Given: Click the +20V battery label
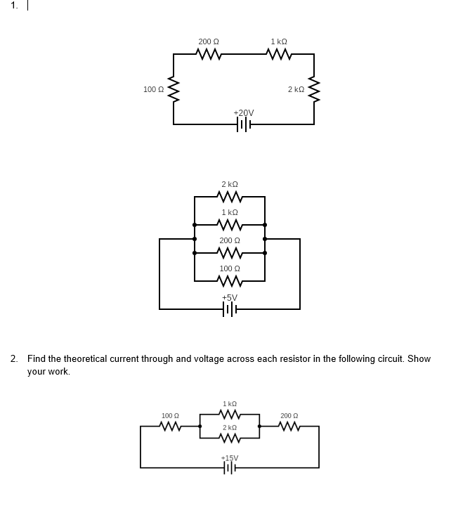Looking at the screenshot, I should point(244,113).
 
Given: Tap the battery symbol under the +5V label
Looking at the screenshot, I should point(230,309).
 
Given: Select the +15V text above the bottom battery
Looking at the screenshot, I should point(230,458).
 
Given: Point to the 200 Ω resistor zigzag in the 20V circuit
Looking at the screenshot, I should point(209,54).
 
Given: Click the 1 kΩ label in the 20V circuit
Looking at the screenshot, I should point(279,42).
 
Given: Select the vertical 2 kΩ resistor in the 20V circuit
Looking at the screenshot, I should point(314,90).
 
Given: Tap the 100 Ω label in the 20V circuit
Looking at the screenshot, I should point(153,90).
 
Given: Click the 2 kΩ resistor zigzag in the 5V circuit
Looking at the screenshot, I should point(230,197).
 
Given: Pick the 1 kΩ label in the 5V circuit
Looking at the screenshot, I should point(230,212).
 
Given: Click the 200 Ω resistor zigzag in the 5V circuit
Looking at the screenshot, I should point(230,253).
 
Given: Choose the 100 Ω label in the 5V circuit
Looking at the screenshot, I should point(230,269).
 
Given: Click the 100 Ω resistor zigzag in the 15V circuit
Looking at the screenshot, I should point(169,426).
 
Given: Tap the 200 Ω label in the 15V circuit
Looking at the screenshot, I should point(289,416).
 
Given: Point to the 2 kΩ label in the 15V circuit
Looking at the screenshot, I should point(230,427).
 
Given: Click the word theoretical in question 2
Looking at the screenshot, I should point(89,359).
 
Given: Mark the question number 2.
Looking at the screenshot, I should point(14,359).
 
